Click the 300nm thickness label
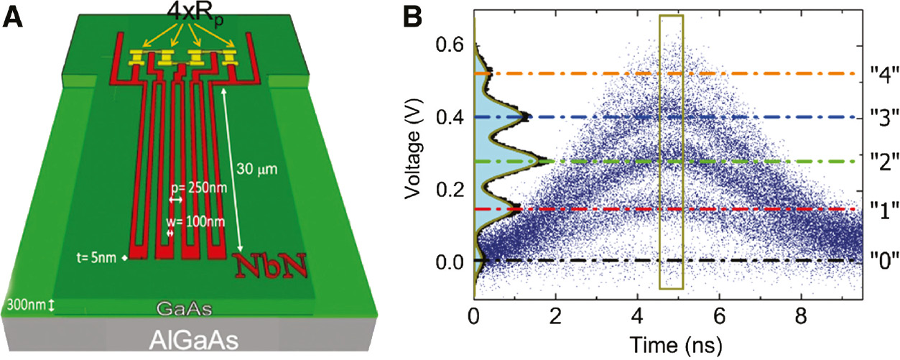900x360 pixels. (x=29, y=305)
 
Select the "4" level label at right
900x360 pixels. (x=882, y=75)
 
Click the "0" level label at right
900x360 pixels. (x=882, y=261)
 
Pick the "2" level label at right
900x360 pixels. (x=882, y=162)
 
